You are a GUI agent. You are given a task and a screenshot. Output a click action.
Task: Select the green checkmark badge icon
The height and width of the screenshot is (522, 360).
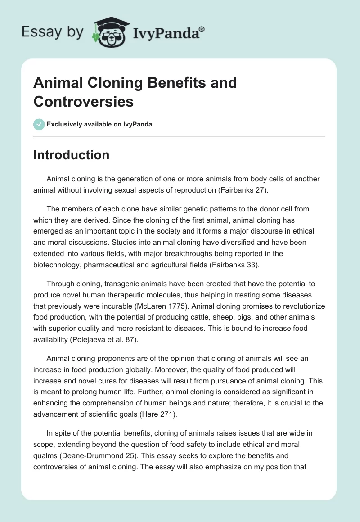click(x=39, y=124)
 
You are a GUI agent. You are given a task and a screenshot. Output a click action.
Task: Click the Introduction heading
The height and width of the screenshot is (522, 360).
click(x=71, y=155)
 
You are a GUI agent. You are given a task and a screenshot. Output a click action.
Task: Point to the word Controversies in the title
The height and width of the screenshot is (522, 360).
click(x=83, y=102)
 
